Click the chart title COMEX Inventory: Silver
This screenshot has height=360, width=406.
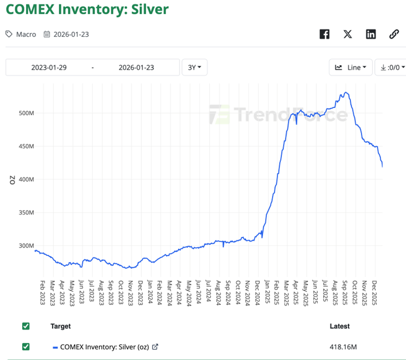[87, 9]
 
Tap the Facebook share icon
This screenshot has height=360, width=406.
[325, 34]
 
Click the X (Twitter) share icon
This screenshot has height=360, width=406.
[348, 34]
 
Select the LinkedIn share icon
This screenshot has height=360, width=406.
[371, 34]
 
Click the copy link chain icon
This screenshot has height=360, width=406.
[394, 34]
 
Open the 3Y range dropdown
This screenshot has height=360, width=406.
[194, 67]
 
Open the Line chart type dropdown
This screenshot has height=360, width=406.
[350, 67]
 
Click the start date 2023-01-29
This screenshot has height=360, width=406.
[49, 67]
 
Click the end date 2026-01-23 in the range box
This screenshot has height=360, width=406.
[136, 67]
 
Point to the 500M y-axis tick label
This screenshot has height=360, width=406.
[26, 113]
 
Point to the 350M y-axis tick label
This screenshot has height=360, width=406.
[26, 213]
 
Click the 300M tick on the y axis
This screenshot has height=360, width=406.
[26, 245]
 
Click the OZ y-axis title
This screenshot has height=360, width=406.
[12, 179]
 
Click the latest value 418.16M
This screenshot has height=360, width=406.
[343, 347]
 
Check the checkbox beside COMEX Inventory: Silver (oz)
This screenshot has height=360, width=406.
[26, 347]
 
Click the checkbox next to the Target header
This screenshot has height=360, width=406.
[26, 326]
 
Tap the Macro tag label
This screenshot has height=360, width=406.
[26, 34]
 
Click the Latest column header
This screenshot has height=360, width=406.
[339, 326]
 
